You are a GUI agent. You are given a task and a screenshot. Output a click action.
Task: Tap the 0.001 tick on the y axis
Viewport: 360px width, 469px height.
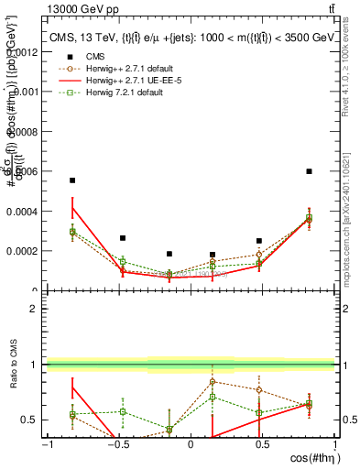click(22, 92)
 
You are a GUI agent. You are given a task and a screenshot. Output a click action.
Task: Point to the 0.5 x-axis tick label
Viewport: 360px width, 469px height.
click(262, 444)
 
